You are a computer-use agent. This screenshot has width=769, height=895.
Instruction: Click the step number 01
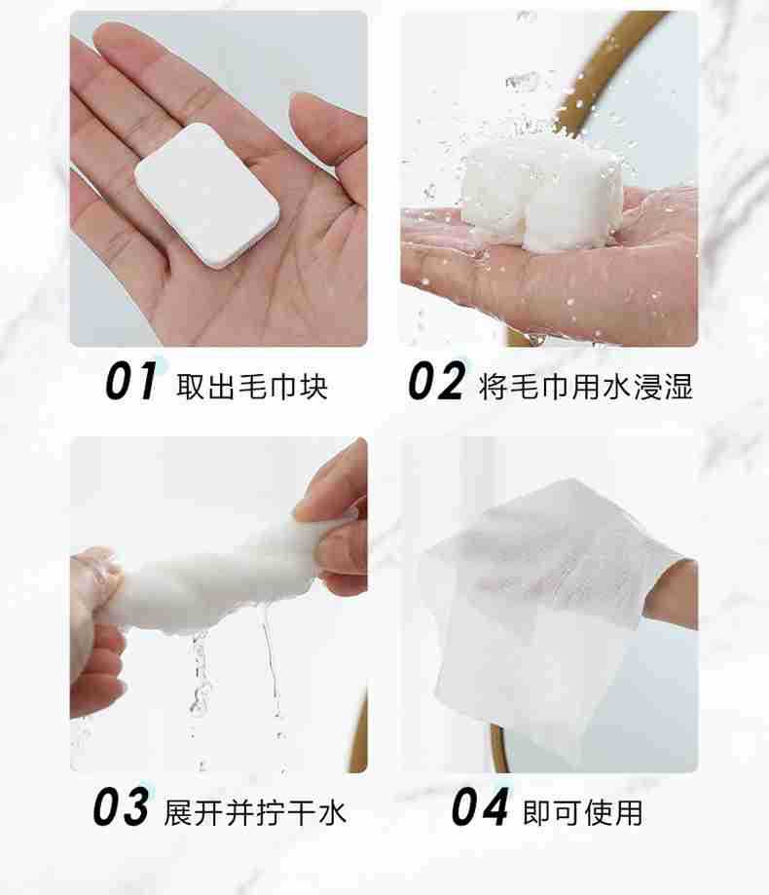click(x=130, y=381)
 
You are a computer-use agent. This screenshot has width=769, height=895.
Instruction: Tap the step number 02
click(x=436, y=381)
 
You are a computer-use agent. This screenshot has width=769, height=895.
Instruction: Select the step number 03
click(x=122, y=806)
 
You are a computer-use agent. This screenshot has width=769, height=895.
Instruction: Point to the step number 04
click(x=479, y=806)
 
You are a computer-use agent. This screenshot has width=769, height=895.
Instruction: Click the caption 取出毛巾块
click(x=251, y=387)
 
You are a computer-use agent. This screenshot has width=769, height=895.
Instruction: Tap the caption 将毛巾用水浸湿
click(x=586, y=387)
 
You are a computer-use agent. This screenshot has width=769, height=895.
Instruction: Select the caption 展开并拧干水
click(x=255, y=812)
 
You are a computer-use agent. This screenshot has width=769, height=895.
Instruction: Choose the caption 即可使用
click(x=582, y=812)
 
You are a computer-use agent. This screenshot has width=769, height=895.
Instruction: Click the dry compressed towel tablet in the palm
click(x=207, y=195)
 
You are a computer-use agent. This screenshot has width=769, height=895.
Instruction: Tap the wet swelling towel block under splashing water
click(x=542, y=194)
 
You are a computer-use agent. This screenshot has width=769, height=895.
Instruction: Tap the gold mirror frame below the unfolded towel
click(x=499, y=748)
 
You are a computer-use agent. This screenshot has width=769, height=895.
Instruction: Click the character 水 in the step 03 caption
click(x=332, y=812)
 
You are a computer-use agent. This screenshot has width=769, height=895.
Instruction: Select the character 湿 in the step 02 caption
click(x=678, y=387)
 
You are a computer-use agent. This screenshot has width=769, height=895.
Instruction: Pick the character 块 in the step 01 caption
click(x=313, y=387)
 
